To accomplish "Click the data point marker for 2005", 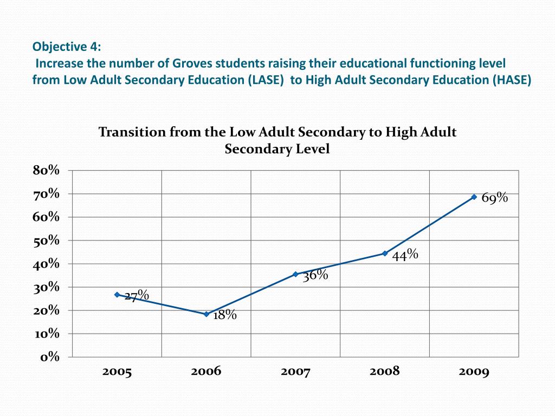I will [x=117, y=295].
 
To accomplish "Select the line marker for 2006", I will [x=206, y=314].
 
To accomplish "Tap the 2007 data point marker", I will [x=295, y=274].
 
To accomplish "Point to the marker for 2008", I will [x=385, y=253].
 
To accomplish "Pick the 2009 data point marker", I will [x=474, y=197].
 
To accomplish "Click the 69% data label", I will [x=494, y=198].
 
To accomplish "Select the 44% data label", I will [x=405, y=255].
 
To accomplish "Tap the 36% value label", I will [x=315, y=276].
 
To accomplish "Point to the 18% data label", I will [x=224, y=315].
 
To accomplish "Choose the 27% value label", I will [x=137, y=296].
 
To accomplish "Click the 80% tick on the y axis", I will [x=46, y=171].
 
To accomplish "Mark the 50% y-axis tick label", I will [x=46, y=240].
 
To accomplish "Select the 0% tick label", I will [x=49, y=357].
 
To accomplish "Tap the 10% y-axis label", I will [x=47, y=334].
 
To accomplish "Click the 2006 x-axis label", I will [x=206, y=372].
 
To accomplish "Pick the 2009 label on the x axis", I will [x=474, y=372].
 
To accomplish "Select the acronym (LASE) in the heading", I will [x=267, y=81].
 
